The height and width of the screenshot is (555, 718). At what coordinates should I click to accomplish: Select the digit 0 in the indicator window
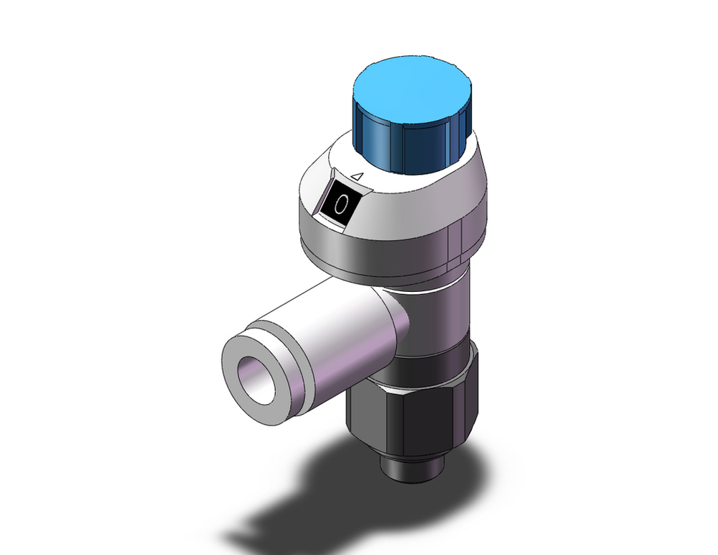pos(342,205)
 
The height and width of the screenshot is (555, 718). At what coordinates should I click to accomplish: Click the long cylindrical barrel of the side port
pos(337,324)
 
